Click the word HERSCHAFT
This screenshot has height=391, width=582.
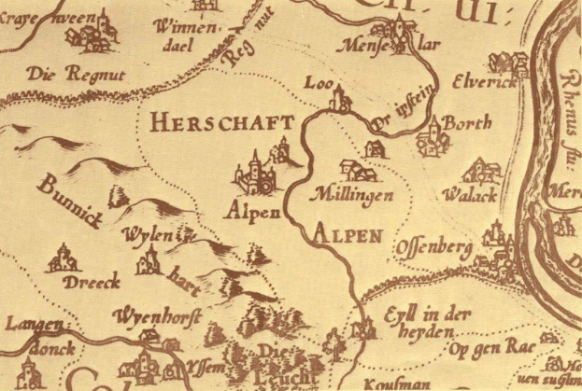tap(221, 122)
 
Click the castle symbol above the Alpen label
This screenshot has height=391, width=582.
tap(255, 174)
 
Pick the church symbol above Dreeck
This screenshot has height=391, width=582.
tap(64, 257)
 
